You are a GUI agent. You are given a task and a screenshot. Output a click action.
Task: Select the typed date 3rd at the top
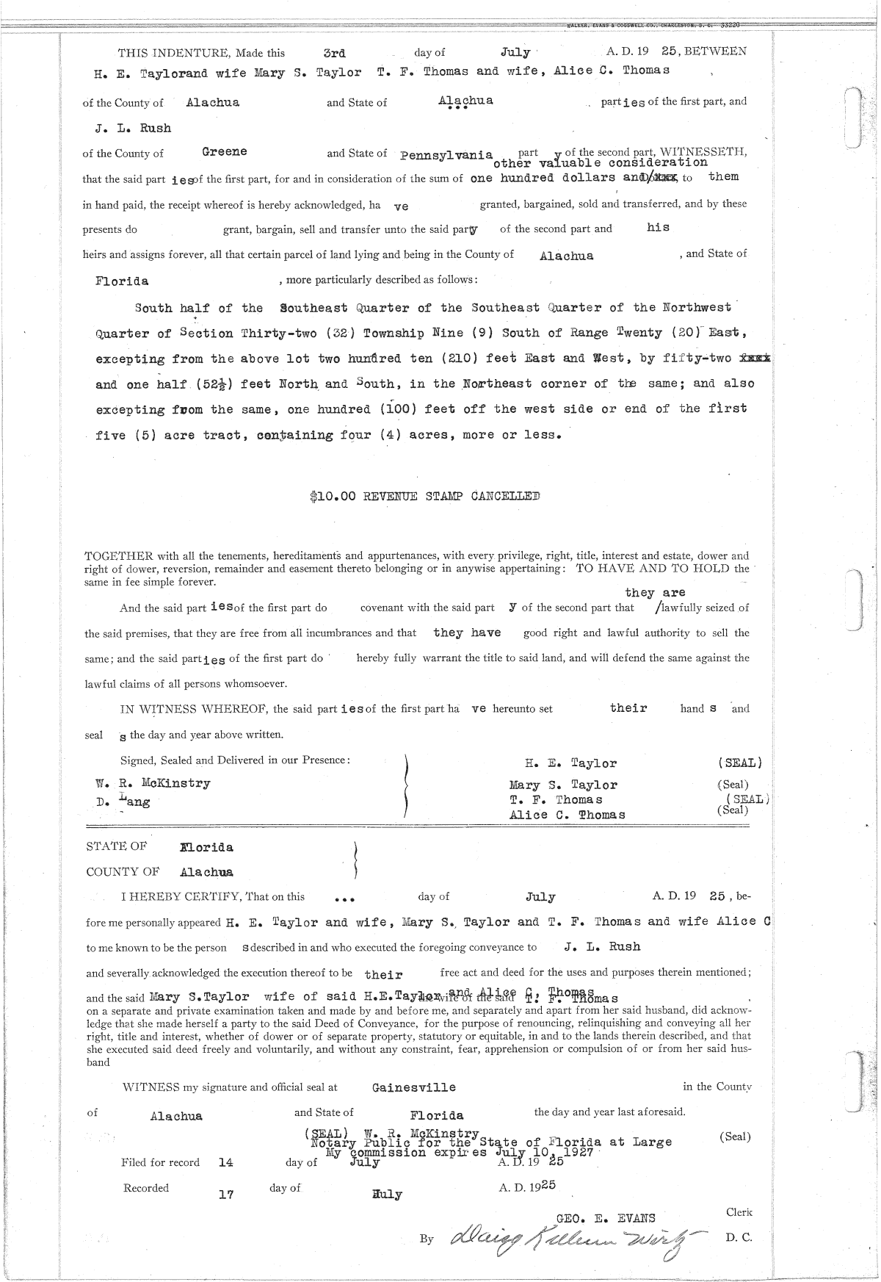point(334,53)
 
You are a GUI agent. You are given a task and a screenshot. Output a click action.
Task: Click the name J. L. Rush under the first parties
point(133,128)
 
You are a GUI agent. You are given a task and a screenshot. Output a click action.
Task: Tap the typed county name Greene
point(224,151)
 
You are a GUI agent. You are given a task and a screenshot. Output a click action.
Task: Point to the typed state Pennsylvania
point(446,155)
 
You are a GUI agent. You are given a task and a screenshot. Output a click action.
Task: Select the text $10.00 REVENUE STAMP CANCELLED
point(425,496)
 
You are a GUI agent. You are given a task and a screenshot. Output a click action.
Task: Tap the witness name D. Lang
point(123,802)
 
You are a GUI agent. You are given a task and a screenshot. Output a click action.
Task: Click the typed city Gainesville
point(414,1087)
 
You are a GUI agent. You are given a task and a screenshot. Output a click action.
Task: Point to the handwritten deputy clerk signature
point(565,1239)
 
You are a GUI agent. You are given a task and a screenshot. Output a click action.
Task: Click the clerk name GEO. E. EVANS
point(606,1217)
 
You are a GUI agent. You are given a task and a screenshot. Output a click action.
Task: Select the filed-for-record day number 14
point(226,1162)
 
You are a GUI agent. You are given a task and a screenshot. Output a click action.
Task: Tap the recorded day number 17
point(226,1194)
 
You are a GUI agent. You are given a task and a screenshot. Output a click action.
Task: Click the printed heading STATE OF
point(116,846)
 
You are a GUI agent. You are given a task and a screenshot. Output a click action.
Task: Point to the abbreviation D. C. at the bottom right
point(738,1237)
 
